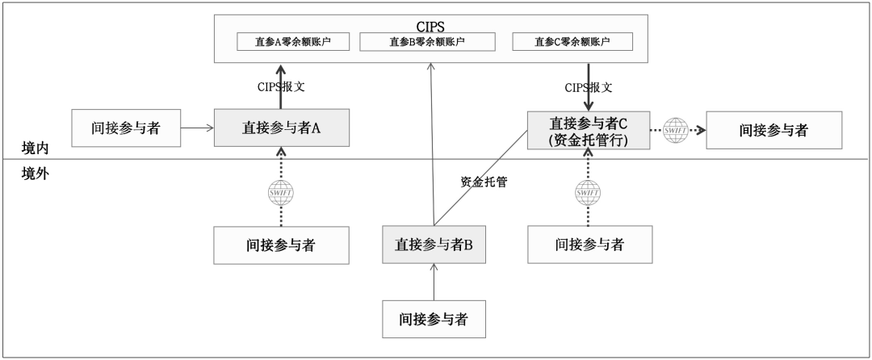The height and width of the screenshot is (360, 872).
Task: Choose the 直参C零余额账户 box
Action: (572, 41)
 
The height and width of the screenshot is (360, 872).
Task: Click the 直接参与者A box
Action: (282, 127)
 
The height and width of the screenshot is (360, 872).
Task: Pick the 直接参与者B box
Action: (434, 244)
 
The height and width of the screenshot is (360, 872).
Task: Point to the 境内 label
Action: (36, 149)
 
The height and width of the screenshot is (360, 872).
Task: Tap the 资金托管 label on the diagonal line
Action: (484, 182)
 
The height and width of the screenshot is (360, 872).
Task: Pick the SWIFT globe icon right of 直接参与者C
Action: (675, 129)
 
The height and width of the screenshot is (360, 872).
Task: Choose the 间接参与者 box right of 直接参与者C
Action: (773, 129)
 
